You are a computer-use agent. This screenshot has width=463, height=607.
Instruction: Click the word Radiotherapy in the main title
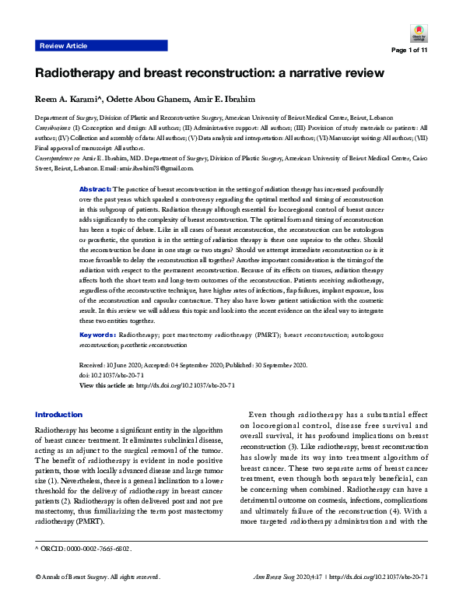click(x=76, y=74)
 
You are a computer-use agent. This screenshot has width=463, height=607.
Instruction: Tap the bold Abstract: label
click(x=96, y=189)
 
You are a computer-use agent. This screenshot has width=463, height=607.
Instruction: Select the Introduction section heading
click(x=58, y=415)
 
